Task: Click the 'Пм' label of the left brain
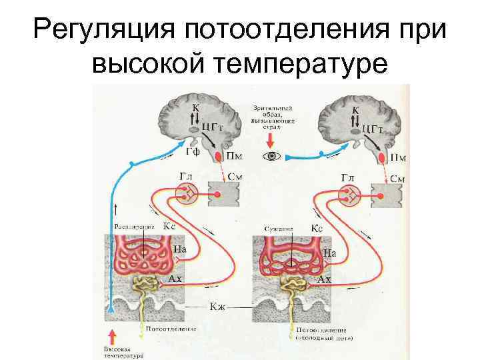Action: pos(235,157)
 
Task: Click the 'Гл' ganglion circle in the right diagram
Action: pos(349,195)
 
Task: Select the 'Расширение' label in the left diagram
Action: pos(133,227)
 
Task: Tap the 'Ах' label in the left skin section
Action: pos(175,279)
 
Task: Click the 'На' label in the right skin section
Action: pos(330,253)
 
